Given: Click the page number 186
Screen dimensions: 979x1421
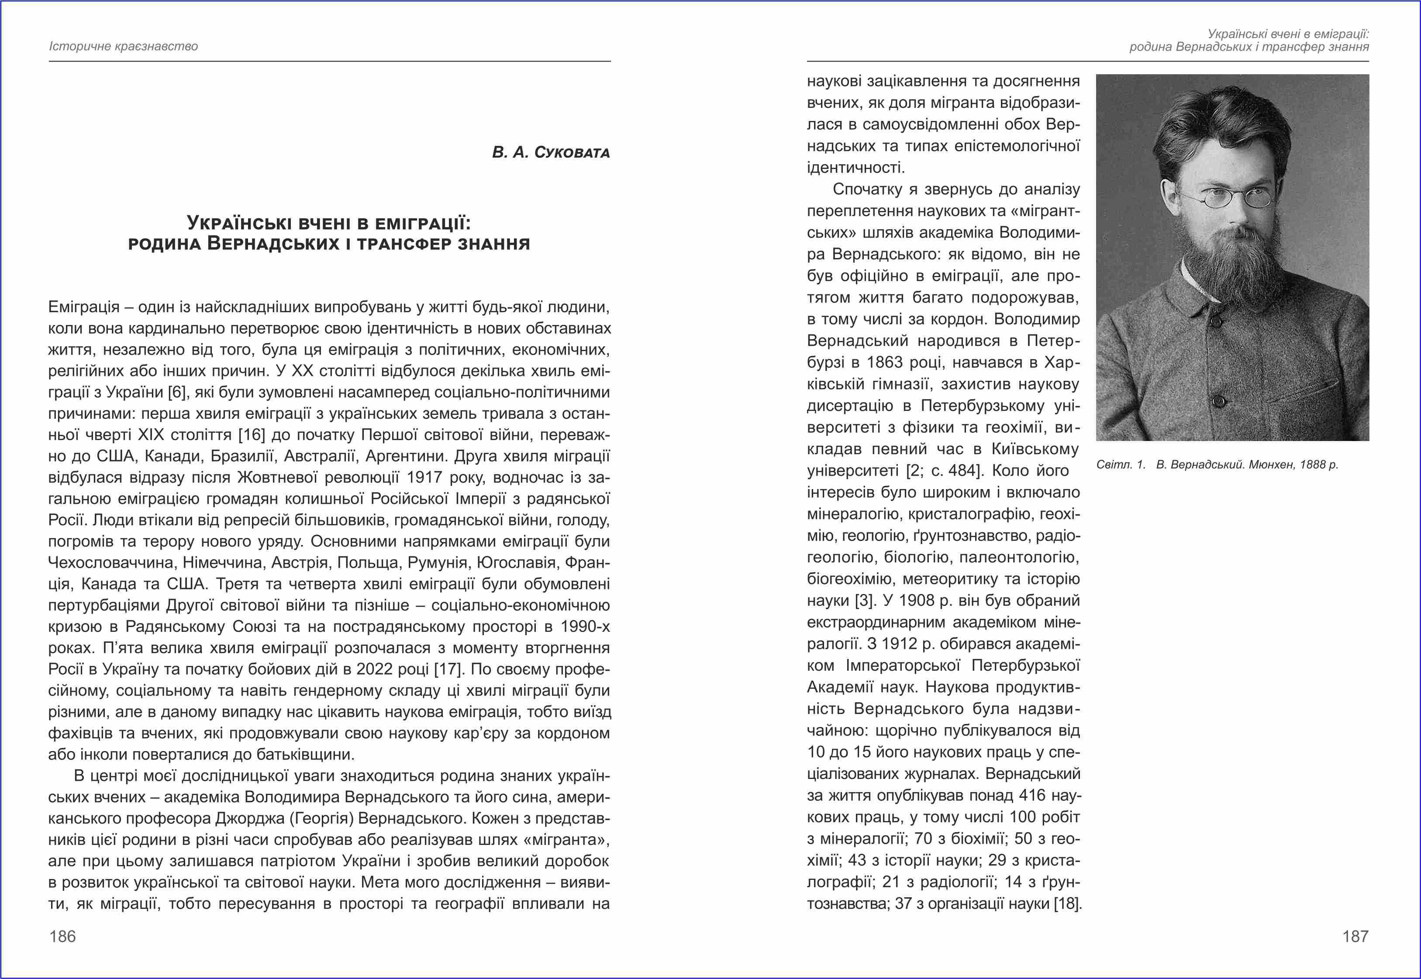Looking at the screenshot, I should point(62,936).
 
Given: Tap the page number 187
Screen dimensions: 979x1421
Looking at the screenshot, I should point(1355,936).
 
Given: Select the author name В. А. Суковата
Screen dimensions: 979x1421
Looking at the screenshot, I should point(551,152).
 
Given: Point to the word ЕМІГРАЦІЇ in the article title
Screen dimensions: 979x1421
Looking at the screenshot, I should point(423,223).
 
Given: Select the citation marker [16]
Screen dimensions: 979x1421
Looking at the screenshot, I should point(252,435).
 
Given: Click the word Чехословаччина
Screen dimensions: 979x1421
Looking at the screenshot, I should point(110,562).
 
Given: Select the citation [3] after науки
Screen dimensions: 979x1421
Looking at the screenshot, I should point(864,600).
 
